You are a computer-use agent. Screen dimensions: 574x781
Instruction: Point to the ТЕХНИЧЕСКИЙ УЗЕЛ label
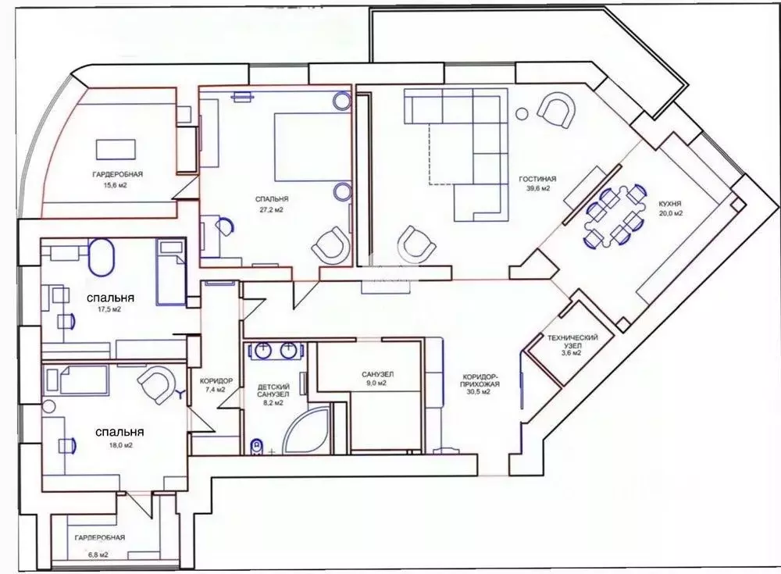(x=572, y=340)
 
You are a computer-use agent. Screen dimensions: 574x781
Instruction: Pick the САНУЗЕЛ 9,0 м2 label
(x=377, y=379)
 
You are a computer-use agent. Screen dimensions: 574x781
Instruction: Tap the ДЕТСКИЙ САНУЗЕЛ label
(x=273, y=390)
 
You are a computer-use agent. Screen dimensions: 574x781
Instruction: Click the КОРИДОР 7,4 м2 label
(x=212, y=384)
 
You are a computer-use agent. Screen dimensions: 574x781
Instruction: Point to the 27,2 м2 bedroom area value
(x=271, y=209)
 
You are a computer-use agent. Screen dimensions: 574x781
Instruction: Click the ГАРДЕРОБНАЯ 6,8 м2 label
(x=99, y=544)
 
